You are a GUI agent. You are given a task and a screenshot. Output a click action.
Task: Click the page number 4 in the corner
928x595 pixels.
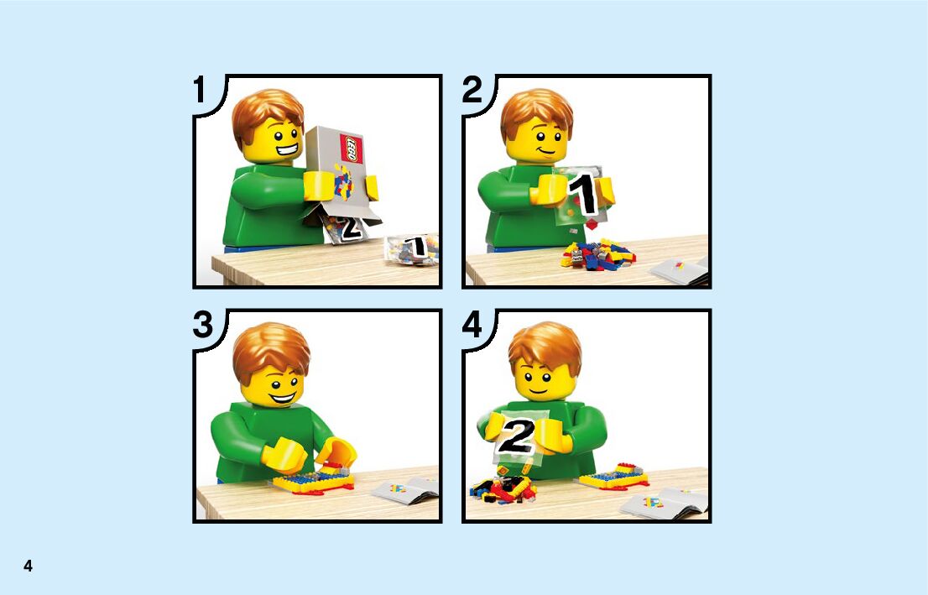click(28, 566)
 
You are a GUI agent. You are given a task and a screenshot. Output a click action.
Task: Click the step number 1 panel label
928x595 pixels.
click(200, 90)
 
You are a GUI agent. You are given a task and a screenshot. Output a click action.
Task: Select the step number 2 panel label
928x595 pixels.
click(472, 90)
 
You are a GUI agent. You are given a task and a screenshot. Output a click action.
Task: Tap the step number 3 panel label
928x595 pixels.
click(202, 325)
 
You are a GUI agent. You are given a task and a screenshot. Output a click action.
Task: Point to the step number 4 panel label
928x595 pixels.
click(472, 325)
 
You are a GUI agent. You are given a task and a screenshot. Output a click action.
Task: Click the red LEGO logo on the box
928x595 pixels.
click(351, 148)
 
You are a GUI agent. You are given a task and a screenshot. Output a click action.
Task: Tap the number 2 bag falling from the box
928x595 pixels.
click(346, 228)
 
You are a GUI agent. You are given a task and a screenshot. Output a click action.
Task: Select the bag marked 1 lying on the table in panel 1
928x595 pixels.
click(413, 248)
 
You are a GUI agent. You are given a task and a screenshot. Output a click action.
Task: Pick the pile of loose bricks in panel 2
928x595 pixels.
click(597, 255)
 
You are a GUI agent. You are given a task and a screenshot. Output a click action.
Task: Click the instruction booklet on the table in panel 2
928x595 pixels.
click(680, 270)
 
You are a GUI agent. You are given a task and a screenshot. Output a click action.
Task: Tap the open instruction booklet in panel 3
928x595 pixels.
click(406, 490)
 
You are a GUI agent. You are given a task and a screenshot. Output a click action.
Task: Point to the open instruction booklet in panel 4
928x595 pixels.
click(664, 504)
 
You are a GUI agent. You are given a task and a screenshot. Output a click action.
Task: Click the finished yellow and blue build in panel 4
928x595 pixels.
click(613, 477)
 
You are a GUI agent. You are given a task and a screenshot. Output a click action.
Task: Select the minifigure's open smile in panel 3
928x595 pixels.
click(282, 394)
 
